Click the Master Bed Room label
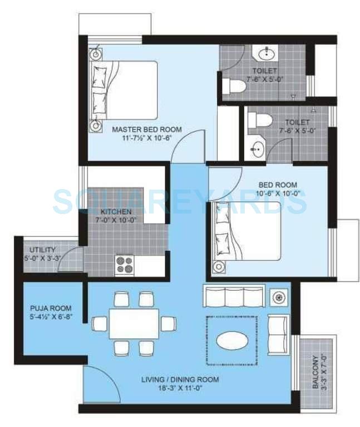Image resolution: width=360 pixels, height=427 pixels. [147, 130]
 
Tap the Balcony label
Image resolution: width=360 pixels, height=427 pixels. [315, 372]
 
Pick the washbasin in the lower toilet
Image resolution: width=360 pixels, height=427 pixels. [257, 150]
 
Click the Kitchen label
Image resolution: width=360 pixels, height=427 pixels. [116, 212]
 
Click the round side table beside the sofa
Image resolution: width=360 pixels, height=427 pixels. [277, 296]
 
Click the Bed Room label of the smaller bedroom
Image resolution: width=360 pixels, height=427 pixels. [277, 185]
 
